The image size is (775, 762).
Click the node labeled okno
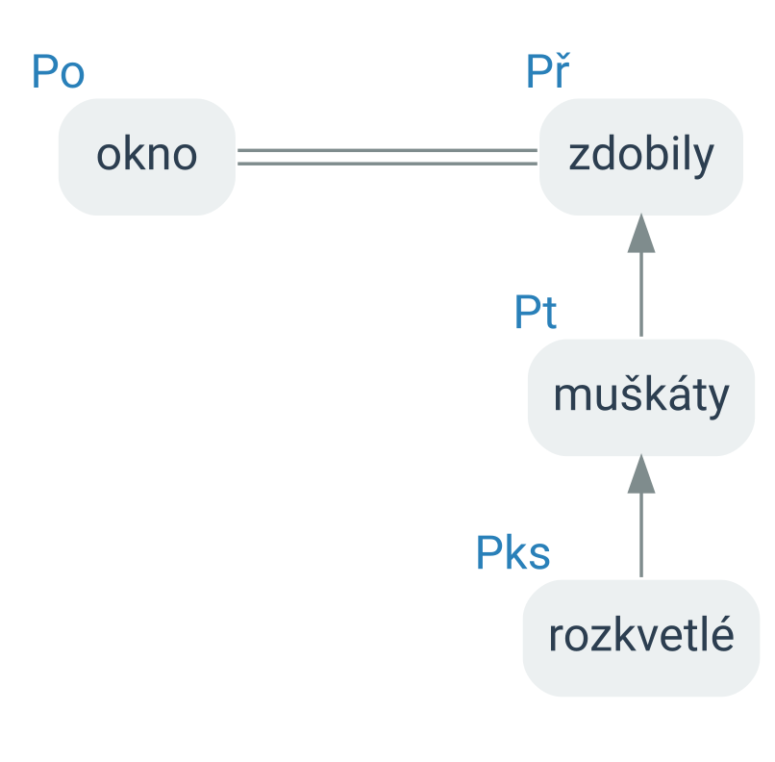pyautogui.click(x=147, y=157)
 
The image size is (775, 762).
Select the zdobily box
pyautogui.click(x=641, y=157)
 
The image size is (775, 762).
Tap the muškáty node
pyautogui.click(x=641, y=397)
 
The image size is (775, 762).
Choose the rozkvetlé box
pyautogui.click(x=641, y=638)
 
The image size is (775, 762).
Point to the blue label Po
pyautogui.click(x=58, y=72)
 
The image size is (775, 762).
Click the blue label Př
pyautogui.click(x=548, y=70)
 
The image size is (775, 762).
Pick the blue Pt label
pyautogui.click(x=536, y=312)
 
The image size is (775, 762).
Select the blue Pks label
pyautogui.click(x=513, y=553)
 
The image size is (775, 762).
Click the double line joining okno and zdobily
pyautogui.click(x=387, y=157)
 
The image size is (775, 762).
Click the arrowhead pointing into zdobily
pyautogui.click(x=641, y=234)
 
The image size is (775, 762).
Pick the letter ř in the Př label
pyautogui.click(x=562, y=70)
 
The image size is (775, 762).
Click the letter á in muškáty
pyautogui.click(x=681, y=394)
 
